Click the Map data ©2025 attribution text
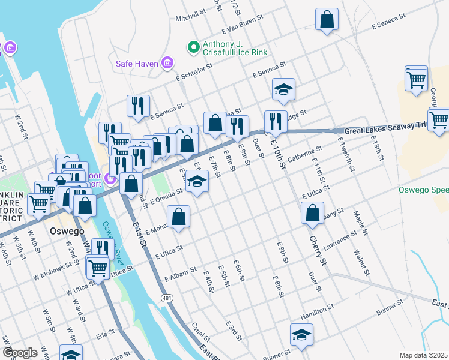(424, 355)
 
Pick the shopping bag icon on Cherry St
(312, 214)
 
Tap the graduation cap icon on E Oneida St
(196, 181)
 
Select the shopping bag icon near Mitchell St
(327, 19)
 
